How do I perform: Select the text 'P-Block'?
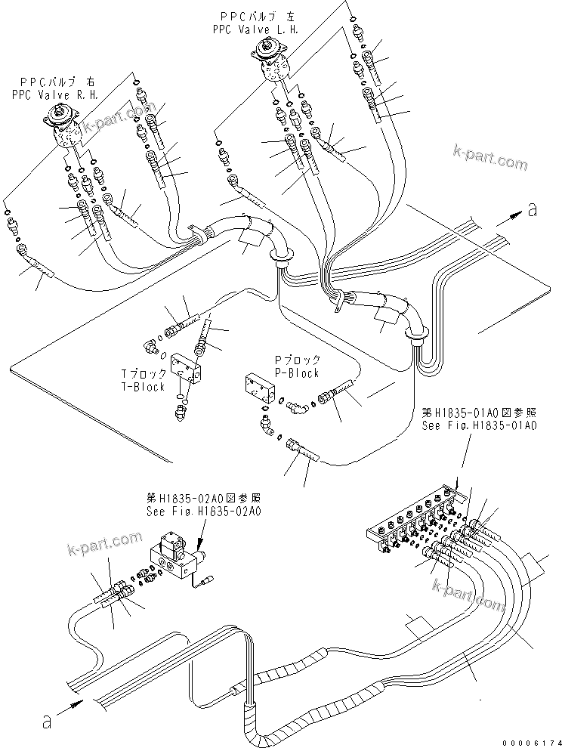point(298,372)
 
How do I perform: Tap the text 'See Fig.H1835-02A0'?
point(203,511)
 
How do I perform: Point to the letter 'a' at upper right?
point(533,211)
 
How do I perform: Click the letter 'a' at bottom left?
point(48,722)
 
